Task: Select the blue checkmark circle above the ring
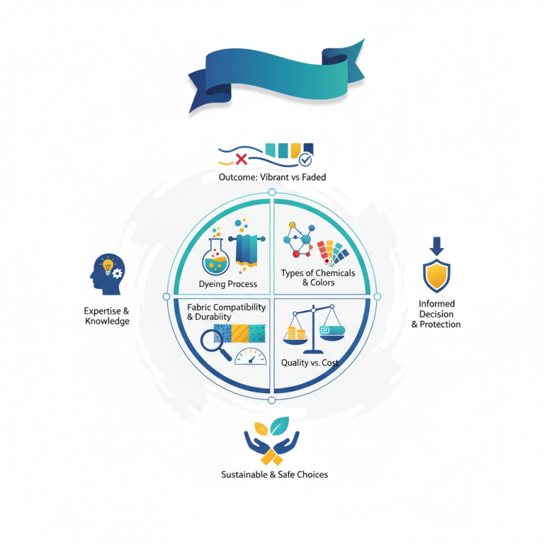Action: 305,160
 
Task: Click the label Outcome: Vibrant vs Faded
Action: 272,177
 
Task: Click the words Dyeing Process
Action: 228,284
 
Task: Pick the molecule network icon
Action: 300,239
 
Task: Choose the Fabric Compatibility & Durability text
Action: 226,311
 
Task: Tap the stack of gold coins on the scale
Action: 296,335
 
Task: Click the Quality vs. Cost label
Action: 310,362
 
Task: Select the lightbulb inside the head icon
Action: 107,267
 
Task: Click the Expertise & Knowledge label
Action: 107,316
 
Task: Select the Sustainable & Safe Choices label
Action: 275,474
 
